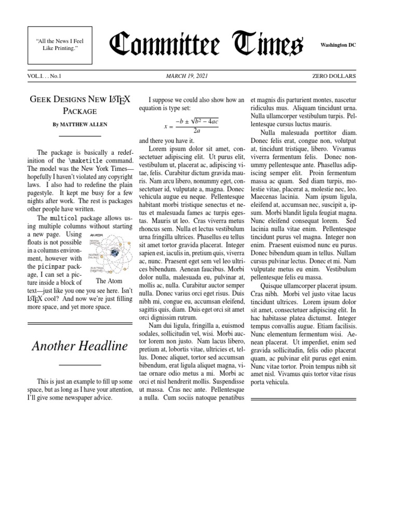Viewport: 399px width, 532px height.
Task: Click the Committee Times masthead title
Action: pos(205,45)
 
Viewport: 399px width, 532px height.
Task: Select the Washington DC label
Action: pos(338,45)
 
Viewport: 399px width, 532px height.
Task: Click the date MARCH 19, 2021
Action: pos(187,76)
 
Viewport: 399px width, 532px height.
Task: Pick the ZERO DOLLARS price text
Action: pos(334,76)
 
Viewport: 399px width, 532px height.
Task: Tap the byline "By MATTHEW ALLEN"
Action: pos(79,125)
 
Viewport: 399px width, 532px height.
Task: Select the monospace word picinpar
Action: pos(51,267)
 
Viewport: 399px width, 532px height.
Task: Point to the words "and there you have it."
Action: pos(166,141)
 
